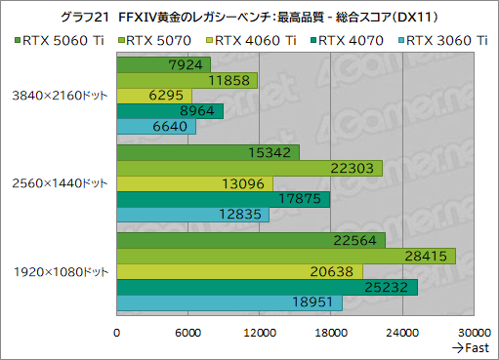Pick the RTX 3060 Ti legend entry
click(444, 40)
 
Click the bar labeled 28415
click(272, 256)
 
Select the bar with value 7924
click(163, 64)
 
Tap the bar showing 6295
click(153, 96)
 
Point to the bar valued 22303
click(249, 168)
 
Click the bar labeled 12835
click(192, 215)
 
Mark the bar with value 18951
click(229, 302)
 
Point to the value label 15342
click(274, 152)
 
